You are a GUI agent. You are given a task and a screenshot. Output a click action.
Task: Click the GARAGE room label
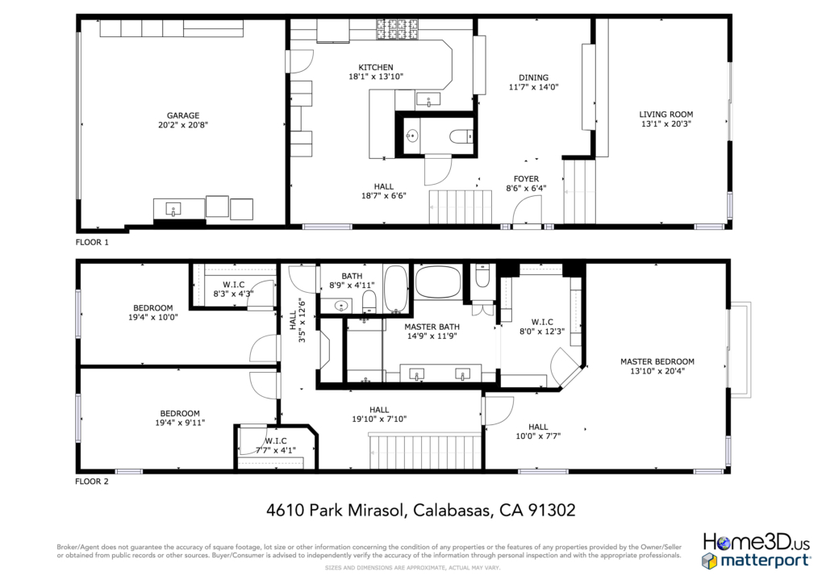183,115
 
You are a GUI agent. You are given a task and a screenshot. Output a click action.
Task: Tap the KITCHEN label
376,68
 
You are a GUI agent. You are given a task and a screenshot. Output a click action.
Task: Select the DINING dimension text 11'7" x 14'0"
533,87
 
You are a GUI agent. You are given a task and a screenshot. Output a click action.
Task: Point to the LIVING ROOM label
665,115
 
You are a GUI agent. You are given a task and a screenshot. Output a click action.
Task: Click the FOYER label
526,179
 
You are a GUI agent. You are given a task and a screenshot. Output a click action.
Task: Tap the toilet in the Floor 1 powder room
461,136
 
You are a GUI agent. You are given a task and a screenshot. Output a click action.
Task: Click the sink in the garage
173,209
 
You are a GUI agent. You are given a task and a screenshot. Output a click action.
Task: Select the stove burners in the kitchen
397,30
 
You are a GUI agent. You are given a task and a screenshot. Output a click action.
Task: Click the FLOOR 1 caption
92,242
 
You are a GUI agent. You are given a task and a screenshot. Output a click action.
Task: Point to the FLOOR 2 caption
92,482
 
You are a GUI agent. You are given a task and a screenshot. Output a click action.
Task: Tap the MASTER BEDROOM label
657,362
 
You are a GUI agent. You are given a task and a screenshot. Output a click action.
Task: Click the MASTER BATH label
432,327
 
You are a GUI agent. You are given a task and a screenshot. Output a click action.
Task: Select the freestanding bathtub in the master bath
438,282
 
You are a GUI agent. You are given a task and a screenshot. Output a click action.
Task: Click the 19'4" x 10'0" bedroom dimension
152,318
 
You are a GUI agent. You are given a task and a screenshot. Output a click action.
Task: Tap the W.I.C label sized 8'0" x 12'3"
542,322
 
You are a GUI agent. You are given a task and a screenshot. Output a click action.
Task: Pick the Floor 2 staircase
426,451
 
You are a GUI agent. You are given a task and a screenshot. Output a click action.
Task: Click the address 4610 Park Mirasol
335,511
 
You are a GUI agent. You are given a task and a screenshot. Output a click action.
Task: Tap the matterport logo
756,561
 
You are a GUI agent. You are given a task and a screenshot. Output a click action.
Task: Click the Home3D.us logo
756,541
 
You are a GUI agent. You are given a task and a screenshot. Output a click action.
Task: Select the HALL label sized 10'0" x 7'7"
538,427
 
